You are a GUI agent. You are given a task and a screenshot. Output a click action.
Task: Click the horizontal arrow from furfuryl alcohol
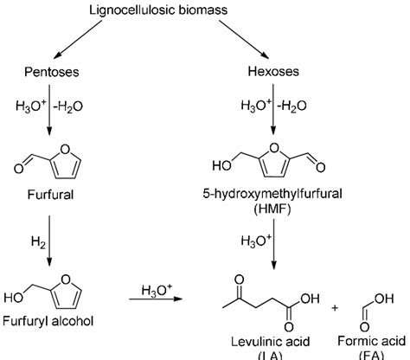pos(155,299)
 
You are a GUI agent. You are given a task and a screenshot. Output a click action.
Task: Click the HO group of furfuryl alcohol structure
pos(15,299)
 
